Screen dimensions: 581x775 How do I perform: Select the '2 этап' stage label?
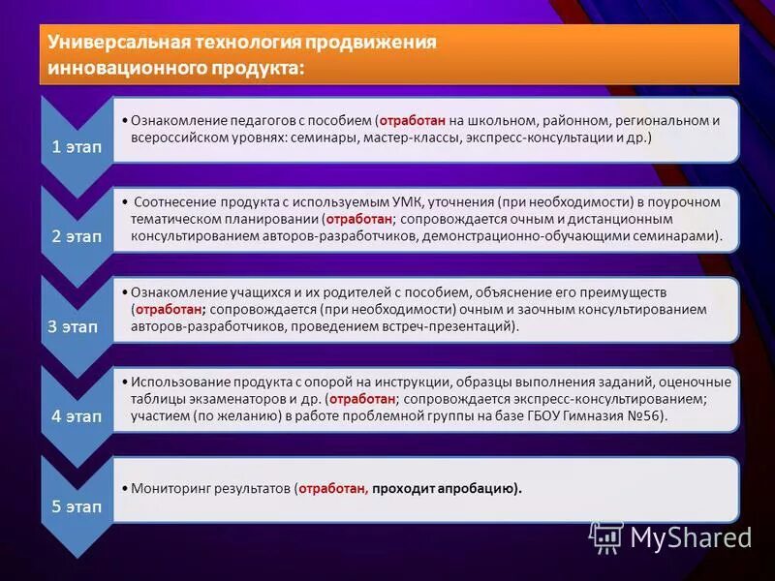point(76,237)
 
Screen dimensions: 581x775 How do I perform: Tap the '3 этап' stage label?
point(73,327)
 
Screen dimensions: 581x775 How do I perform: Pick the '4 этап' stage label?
point(76,416)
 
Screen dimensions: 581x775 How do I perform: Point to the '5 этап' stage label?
point(76,506)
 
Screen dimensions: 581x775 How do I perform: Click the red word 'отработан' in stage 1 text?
point(412,121)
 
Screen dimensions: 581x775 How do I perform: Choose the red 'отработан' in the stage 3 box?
point(169,309)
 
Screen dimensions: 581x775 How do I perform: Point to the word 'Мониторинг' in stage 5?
point(170,488)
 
